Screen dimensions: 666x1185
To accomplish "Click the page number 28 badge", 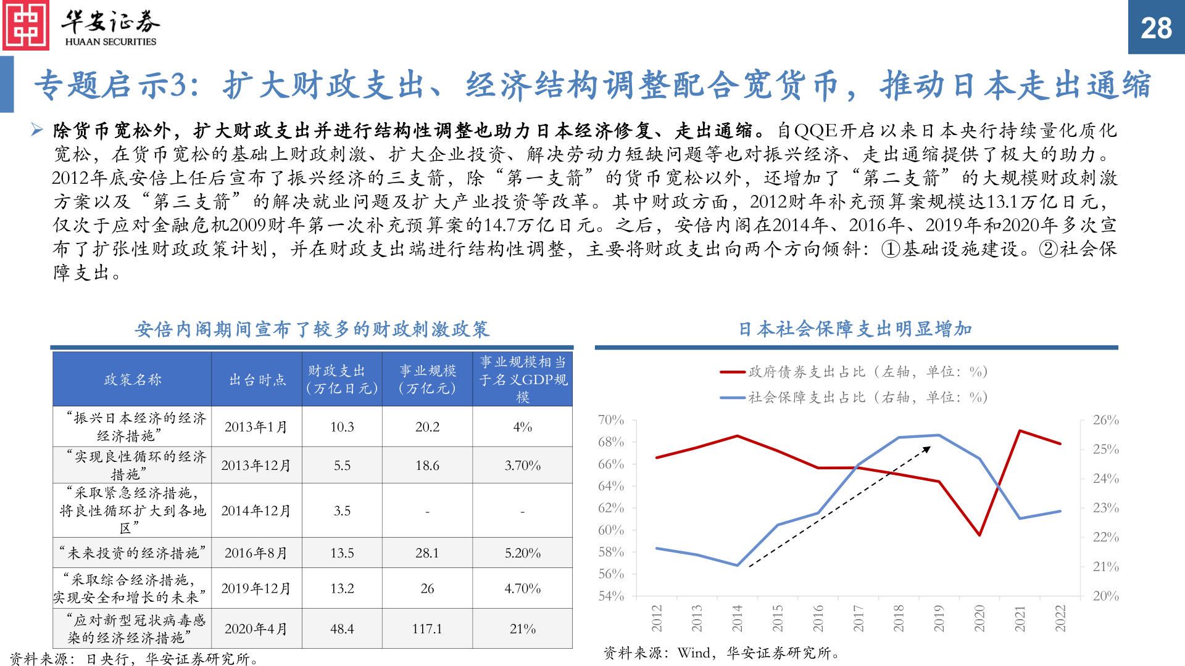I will [x=1156, y=28].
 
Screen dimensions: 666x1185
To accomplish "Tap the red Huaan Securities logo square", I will [x=26, y=26].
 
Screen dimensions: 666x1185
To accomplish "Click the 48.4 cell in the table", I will [x=342, y=629].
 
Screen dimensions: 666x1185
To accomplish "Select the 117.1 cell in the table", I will [x=427, y=629].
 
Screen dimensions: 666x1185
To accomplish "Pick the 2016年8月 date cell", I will [x=256, y=553].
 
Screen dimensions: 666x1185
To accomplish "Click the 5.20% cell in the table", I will [x=522, y=553].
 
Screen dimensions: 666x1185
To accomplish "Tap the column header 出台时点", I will [x=257, y=380].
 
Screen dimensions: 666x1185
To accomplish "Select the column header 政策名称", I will [x=132, y=380].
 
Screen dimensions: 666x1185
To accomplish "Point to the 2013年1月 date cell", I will [x=256, y=427].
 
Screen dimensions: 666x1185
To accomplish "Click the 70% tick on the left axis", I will [x=611, y=420].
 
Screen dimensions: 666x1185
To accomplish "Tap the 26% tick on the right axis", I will [x=1105, y=420].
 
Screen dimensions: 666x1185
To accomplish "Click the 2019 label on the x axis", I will [x=939, y=618].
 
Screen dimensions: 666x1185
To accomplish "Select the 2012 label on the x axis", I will [x=657, y=618].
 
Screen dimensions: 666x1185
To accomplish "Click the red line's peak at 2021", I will [x=1020, y=431].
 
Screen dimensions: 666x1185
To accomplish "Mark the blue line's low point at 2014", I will [x=738, y=565].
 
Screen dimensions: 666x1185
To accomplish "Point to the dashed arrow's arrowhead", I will [x=927, y=449].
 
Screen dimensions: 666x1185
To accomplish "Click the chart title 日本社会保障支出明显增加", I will [x=855, y=329].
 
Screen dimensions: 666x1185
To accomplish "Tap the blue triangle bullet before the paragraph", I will [x=37, y=129].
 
